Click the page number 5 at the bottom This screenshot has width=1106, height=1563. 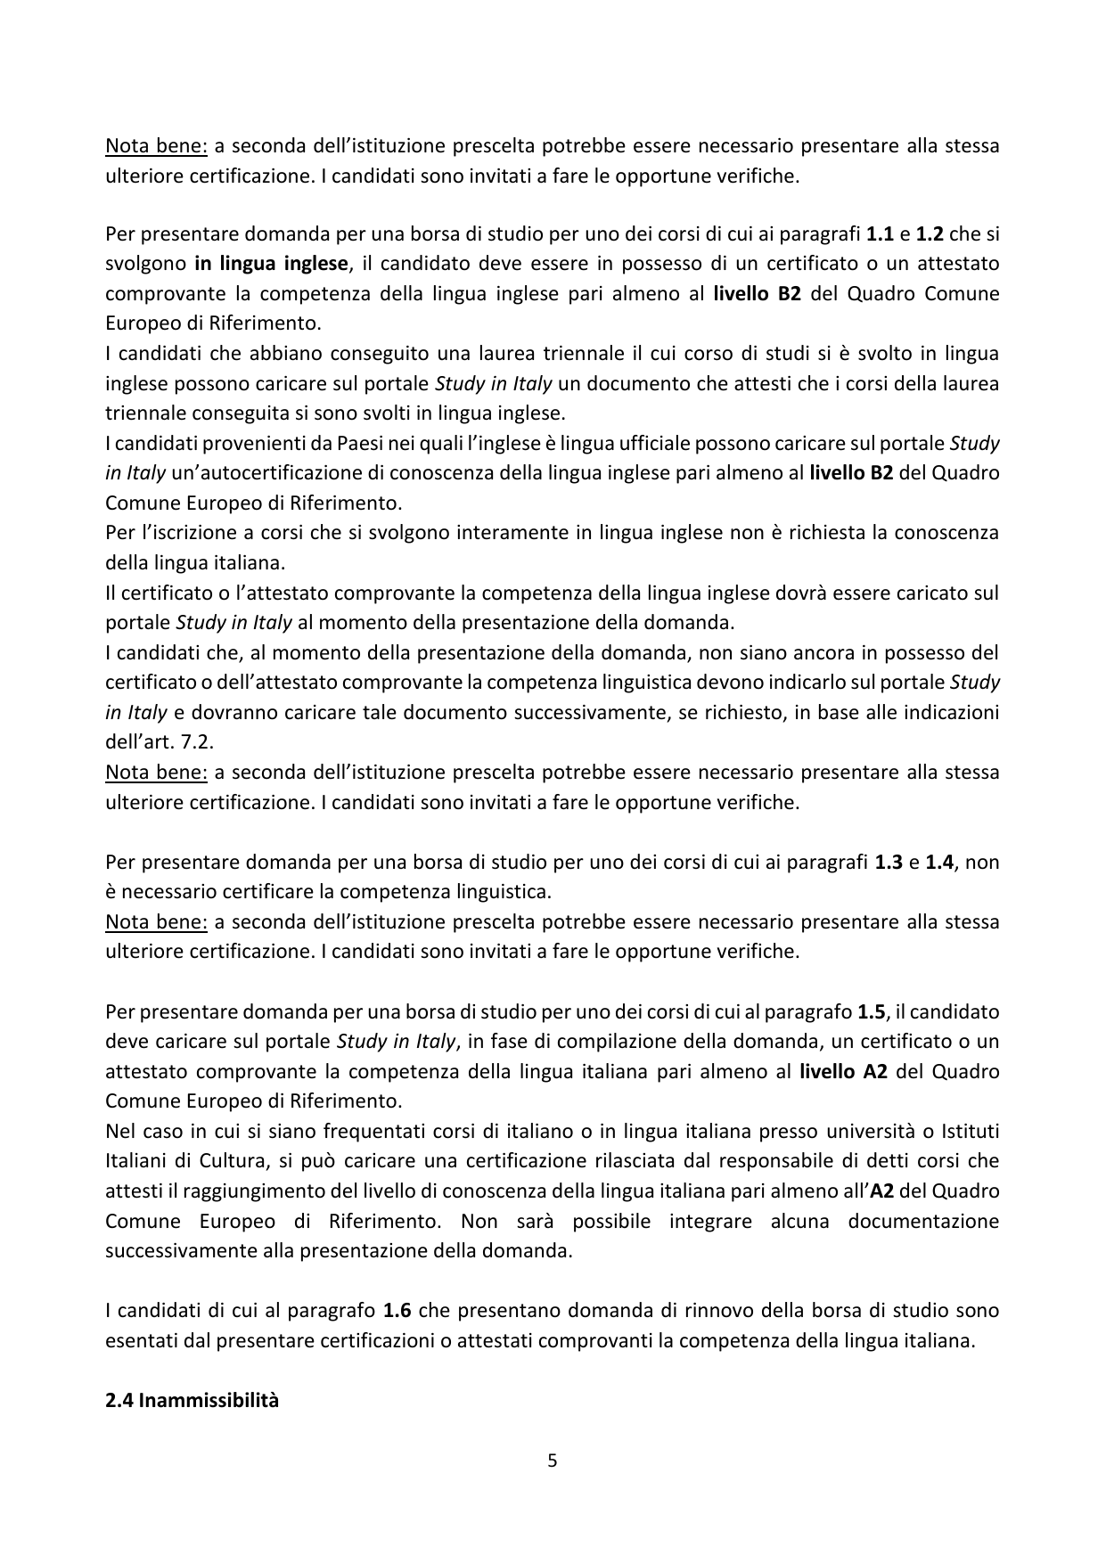point(552,1461)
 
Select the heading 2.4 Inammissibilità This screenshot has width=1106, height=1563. point(192,1400)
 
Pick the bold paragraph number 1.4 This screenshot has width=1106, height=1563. point(939,862)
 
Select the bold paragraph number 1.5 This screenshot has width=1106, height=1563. point(871,1011)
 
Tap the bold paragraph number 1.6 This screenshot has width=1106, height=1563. point(397,1310)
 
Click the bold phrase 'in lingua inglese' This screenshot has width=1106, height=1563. point(271,264)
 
